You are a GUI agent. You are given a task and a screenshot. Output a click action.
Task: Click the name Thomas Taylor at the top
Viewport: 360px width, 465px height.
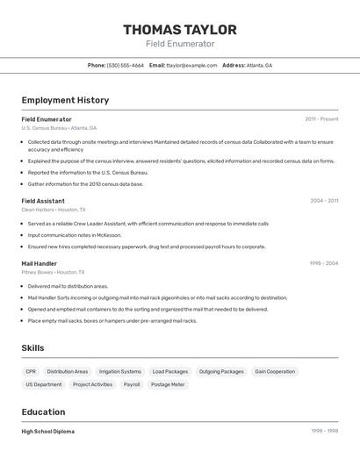click(x=180, y=30)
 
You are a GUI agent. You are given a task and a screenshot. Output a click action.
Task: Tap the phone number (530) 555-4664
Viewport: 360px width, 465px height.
click(x=126, y=65)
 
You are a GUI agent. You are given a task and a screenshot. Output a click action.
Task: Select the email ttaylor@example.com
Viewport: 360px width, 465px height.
click(x=192, y=65)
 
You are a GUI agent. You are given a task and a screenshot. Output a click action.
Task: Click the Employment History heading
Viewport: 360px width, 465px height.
click(x=65, y=100)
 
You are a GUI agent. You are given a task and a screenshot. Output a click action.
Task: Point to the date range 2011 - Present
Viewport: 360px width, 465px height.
click(x=321, y=119)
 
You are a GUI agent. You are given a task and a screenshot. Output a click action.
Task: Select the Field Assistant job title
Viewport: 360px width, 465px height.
click(x=43, y=201)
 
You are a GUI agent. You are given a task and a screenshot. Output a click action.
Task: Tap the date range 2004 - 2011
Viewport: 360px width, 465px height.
click(x=324, y=201)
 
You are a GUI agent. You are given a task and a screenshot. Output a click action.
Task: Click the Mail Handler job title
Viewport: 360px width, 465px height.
click(x=40, y=263)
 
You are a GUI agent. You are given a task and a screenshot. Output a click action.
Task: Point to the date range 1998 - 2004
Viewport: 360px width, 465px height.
click(x=323, y=263)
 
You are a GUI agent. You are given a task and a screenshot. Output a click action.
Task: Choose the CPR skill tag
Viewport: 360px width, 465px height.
click(x=31, y=371)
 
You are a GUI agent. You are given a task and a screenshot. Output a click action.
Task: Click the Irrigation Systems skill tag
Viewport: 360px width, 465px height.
click(x=120, y=371)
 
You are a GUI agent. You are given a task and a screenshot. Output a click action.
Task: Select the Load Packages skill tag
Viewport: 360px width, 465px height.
click(x=170, y=371)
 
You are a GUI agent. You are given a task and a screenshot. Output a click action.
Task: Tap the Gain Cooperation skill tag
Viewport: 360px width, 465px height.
click(x=275, y=371)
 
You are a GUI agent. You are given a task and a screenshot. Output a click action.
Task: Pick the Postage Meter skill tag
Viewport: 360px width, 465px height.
click(x=167, y=384)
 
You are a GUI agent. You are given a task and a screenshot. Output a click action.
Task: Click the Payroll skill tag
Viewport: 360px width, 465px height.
click(x=132, y=384)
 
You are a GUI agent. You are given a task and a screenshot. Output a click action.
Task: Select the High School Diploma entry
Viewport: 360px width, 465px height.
click(x=48, y=432)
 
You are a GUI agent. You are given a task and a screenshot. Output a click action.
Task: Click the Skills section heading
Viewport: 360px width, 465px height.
click(x=33, y=348)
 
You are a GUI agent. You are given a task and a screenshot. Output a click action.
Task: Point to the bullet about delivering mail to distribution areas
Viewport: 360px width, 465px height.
click(x=68, y=286)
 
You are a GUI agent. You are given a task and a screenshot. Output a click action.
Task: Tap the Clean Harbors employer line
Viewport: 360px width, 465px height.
click(x=54, y=210)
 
